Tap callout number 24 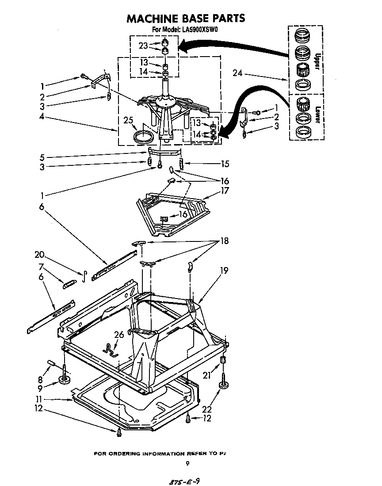237,73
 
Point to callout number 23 143,46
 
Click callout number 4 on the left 41,118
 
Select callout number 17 225,191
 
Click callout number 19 224,270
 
